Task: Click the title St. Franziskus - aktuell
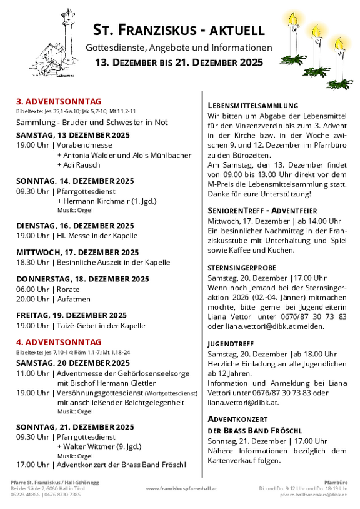coord(179,30)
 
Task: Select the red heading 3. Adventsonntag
coord(59,101)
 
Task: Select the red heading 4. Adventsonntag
coord(59,342)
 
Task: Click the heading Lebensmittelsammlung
coord(252,106)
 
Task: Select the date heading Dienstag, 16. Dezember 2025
coord(75,226)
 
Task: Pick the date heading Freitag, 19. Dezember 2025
coord(71,315)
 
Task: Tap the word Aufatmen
coord(74,299)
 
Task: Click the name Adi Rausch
coord(81,165)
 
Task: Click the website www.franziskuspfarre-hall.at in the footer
coord(181,488)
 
